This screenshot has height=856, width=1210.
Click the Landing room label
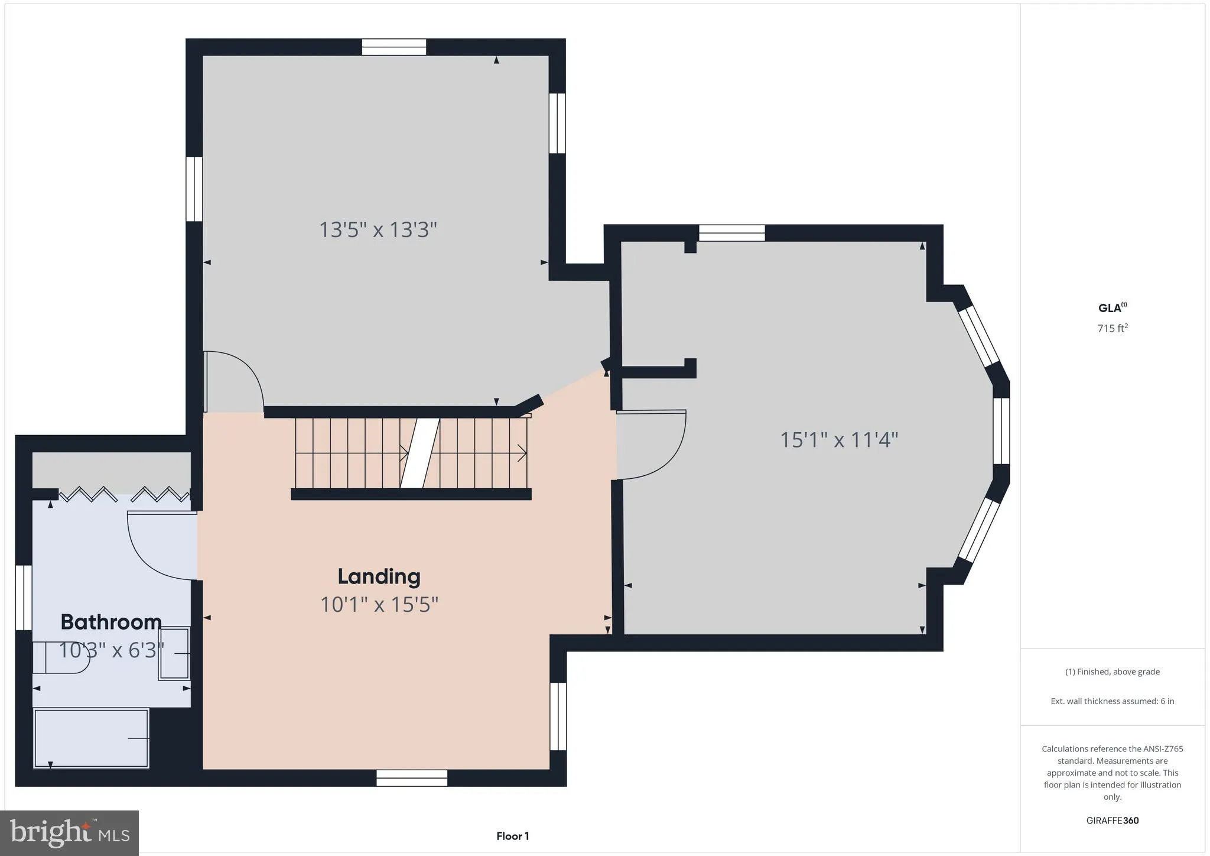coord(379,576)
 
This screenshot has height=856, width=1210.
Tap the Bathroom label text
coord(111,622)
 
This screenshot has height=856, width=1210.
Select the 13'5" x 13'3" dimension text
coord(378,229)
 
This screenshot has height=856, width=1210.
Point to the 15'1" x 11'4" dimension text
coord(839,440)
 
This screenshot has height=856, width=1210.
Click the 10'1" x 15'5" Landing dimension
coord(379,605)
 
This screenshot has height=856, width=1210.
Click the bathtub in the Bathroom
coord(91,738)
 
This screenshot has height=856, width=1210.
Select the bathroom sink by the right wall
coord(174,654)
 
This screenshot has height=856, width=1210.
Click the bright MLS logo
coord(69,833)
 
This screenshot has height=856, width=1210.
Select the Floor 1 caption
coord(512,836)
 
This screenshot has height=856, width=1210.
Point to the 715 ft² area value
coord(1112,328)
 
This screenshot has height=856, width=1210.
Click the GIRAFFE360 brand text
coord(1112,821)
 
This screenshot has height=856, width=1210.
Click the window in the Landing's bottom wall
coord(412,778)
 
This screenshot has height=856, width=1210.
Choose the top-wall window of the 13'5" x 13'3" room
coord(394,47)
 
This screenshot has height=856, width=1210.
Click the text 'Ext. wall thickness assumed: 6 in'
coord(1112,701)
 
